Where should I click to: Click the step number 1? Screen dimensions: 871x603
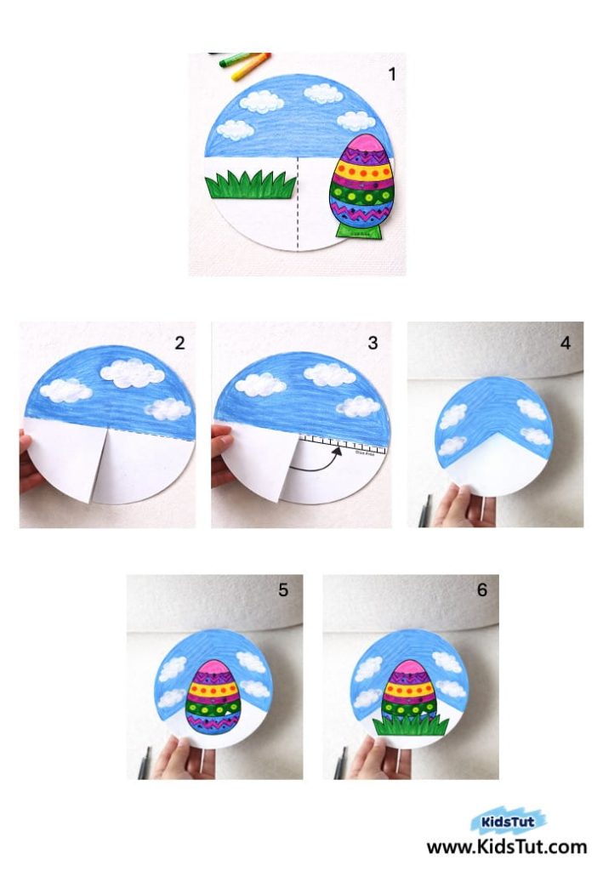(392, 74)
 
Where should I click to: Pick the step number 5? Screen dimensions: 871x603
(283, 589)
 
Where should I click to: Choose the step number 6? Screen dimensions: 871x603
(481, 589)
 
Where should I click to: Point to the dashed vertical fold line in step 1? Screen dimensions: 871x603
(298, 204)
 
